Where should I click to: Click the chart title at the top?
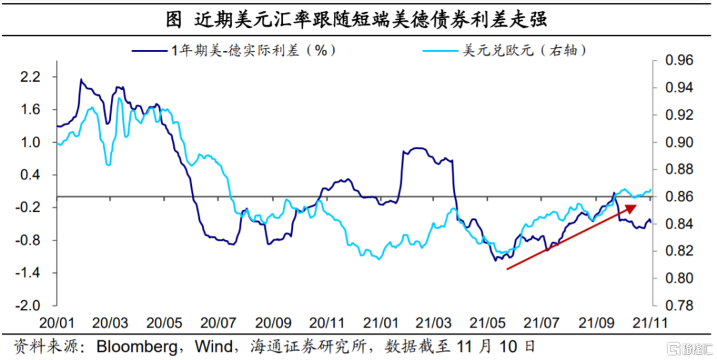[357, 19]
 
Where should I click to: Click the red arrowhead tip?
[637, 205]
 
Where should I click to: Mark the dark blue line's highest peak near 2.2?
[81, 79]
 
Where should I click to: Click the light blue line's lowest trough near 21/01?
[378, 259]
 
